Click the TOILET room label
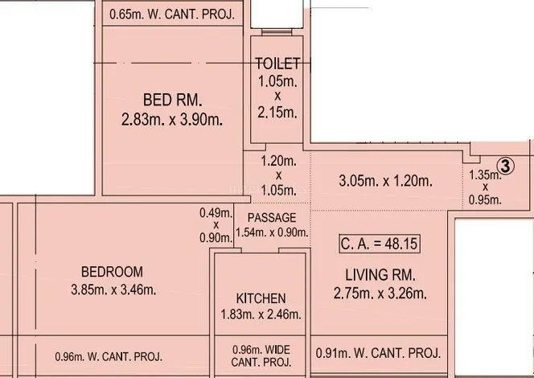coord(278,64)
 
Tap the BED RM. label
coord(173,100)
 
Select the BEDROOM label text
coord(112,272)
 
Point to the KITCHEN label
coord(261,298)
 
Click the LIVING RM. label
coord(380,275)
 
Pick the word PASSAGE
coord(272,218)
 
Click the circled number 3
coord(506,166)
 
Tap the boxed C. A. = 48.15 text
coord(380,244)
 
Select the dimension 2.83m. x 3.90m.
coord(172,120)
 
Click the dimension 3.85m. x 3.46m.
coord(113,290)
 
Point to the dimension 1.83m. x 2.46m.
coord(261,314)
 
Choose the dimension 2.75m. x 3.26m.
coord(380,294)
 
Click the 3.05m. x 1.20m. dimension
coord(385,181)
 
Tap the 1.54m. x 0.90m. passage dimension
coord(272,232)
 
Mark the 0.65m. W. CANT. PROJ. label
coord(172,14)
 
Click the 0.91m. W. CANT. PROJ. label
coord(378,353)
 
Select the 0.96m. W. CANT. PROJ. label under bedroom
coord(109,356)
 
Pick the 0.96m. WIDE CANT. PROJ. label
coord(261,355)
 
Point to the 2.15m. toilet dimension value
coord(277,112)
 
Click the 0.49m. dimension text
coord(216,213)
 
